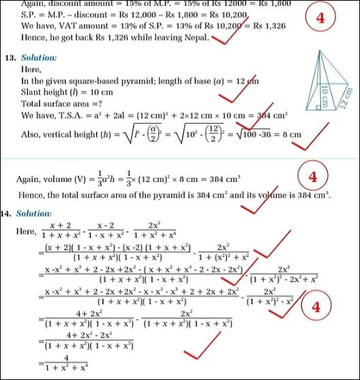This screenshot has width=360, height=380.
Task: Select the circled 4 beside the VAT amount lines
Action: tap(320, 18)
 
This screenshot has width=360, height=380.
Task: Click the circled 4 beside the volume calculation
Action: tap(312, 177)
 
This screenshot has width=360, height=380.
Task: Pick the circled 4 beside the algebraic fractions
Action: tap(316, 307)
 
